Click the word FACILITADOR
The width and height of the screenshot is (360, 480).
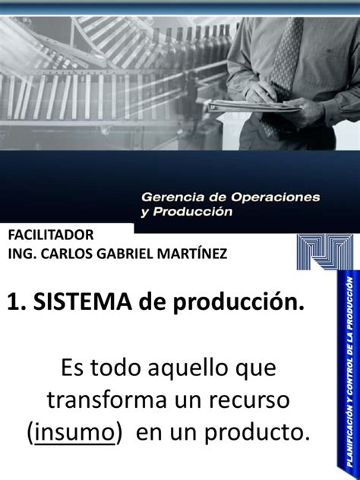click(x=51, y=235)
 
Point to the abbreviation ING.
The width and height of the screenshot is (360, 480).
click(x=22, y=254)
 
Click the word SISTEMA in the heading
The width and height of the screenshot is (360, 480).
click(x=83, y=302)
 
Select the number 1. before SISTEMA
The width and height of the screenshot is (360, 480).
click(x=17, y=302)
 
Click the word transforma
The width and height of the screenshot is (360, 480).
click(x=107, y=399)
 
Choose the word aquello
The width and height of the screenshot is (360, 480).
click(x=188, y=368)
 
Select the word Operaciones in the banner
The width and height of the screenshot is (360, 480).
click(x=275, y=197)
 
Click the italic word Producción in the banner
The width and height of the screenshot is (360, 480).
click(x=192, y=212)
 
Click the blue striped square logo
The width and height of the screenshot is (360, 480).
click(x=325, y=251)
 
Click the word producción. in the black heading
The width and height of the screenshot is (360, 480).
click(x=238, y=303)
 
